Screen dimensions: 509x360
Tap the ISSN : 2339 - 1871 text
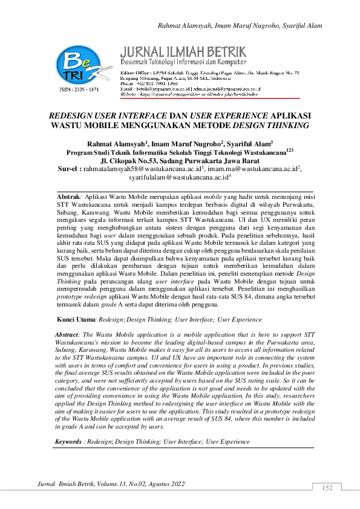[x=77, y=89]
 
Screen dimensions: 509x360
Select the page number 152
[x=327, y=488]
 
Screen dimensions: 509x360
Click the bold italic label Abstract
[x=67, y=334]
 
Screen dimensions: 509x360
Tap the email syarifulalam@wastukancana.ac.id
[x=178, y=180]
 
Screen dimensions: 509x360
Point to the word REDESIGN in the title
[x=73, y=114]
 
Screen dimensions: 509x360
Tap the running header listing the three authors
[x=240, y=25]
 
